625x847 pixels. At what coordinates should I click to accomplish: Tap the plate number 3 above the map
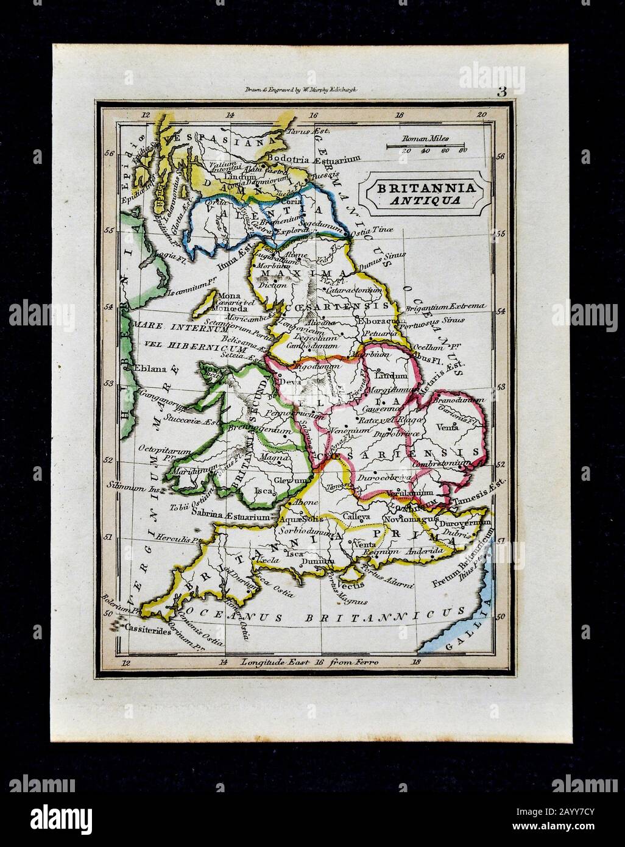[x=501, y=93]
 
